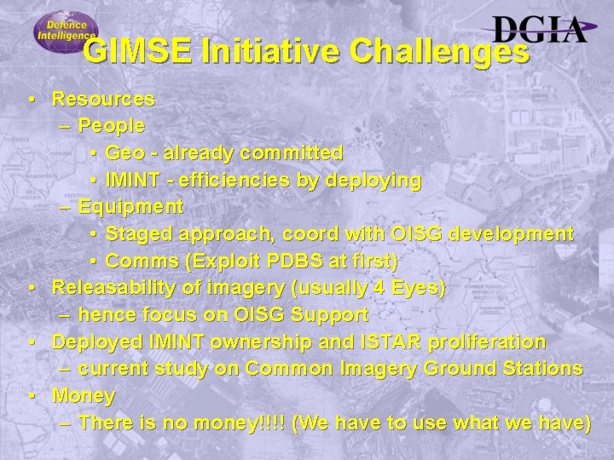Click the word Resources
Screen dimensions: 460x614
pyautogui.click(x=103, y=99)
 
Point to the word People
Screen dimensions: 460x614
pyautogui.click(x=111, y=126)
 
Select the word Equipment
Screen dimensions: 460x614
pyautogui.click(x=130, y=207)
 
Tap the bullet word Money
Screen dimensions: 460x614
pyautogui.click(x=84, y=396)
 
